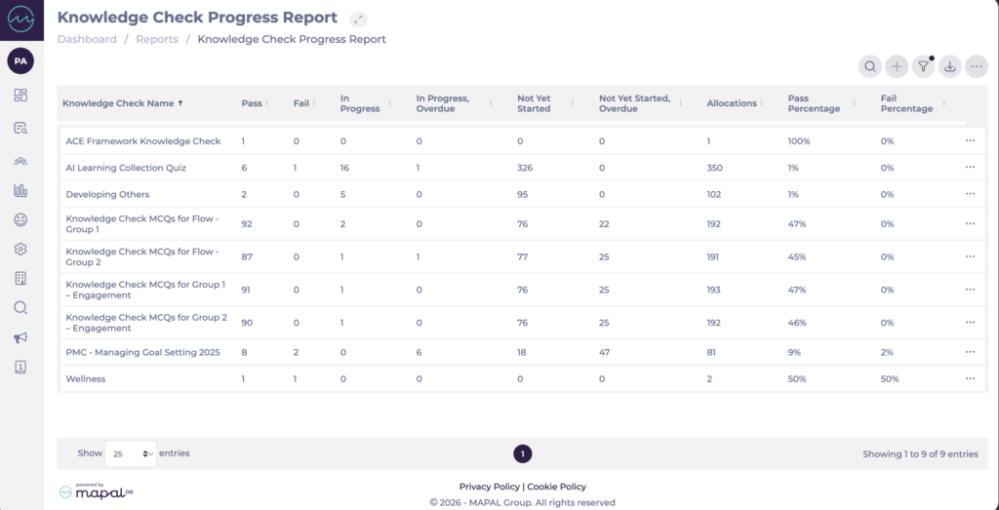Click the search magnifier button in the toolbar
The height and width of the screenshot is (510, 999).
coord(869,66)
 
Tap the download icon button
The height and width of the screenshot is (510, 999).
coord(950,66)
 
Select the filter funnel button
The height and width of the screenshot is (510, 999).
coord(923,66)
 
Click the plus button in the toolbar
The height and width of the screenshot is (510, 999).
coord(897,66)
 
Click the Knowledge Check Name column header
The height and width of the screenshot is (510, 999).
coord(118,103)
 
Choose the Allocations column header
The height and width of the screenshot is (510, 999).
coord(732,103)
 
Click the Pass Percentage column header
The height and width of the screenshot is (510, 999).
coord(814,103)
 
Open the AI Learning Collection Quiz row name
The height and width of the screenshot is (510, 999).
coord(126,168)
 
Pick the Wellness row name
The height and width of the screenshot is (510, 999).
coord(86,378)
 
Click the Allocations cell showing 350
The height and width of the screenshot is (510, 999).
coord(715,168)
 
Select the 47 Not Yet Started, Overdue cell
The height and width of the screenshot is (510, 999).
coord(605,352)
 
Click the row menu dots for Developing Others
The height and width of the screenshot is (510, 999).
coord(970,194)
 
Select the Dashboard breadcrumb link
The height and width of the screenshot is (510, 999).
coord(87,39)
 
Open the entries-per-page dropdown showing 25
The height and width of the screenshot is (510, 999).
coord(130,453)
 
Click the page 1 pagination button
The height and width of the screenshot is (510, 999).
coord(523,453)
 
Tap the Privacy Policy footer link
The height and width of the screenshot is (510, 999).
coord(490,487)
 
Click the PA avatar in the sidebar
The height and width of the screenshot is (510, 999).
coord(20,61)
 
